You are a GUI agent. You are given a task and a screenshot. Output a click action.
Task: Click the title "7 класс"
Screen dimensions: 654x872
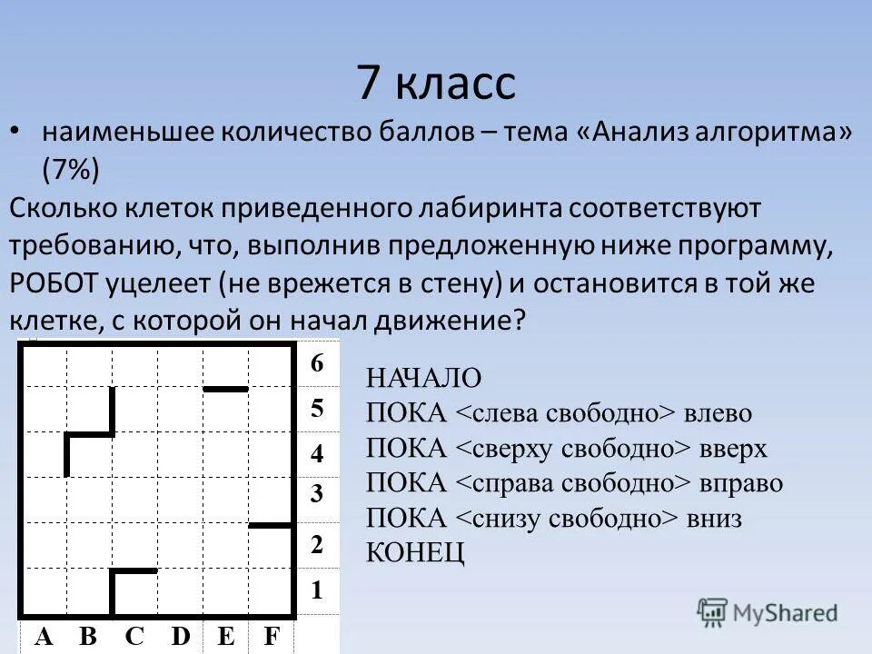point(436,83)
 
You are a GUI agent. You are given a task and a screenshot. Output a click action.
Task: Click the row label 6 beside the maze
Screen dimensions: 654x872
point(317,363)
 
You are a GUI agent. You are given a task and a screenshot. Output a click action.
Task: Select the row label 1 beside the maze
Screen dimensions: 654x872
point(317,590)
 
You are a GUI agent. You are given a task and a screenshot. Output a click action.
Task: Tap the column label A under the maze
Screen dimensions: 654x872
point(43,637)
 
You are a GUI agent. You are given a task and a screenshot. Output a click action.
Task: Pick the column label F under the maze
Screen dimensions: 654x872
point(271,637)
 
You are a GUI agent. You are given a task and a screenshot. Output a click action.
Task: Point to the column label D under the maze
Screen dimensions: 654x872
point(181,637)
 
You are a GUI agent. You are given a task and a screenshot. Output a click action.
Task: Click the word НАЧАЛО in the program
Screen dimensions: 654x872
point(424,379)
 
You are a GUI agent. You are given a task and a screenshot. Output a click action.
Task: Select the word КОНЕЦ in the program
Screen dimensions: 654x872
point(415,551)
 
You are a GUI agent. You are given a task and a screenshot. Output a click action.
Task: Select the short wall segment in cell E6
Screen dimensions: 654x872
point(225,389)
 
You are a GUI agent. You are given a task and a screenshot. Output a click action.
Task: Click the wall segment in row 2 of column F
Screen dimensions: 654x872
point(271,525)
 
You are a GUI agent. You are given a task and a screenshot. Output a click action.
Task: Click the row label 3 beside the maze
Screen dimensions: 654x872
point(317,495)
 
